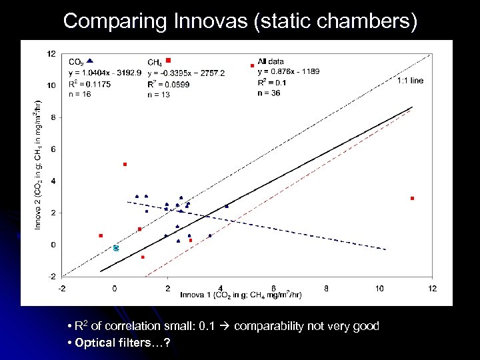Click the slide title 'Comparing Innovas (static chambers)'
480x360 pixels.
tap(240, 21)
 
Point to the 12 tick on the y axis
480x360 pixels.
tap(51, 53)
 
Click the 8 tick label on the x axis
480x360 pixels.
tap(326, 288)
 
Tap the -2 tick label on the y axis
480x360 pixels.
tap(51, 276)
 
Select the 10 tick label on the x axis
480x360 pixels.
tap(379, 288)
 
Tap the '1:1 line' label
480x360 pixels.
tap(410, 81)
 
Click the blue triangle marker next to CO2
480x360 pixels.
tap(90, 61)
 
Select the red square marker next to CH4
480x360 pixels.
tap(169, 61)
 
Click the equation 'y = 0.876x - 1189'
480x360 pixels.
tap(291, 72)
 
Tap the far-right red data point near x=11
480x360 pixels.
tap(413, 199)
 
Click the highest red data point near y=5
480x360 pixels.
tap(125, 164)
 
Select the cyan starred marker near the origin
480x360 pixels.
tap(115, 248)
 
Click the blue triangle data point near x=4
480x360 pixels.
tap(227, 206)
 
